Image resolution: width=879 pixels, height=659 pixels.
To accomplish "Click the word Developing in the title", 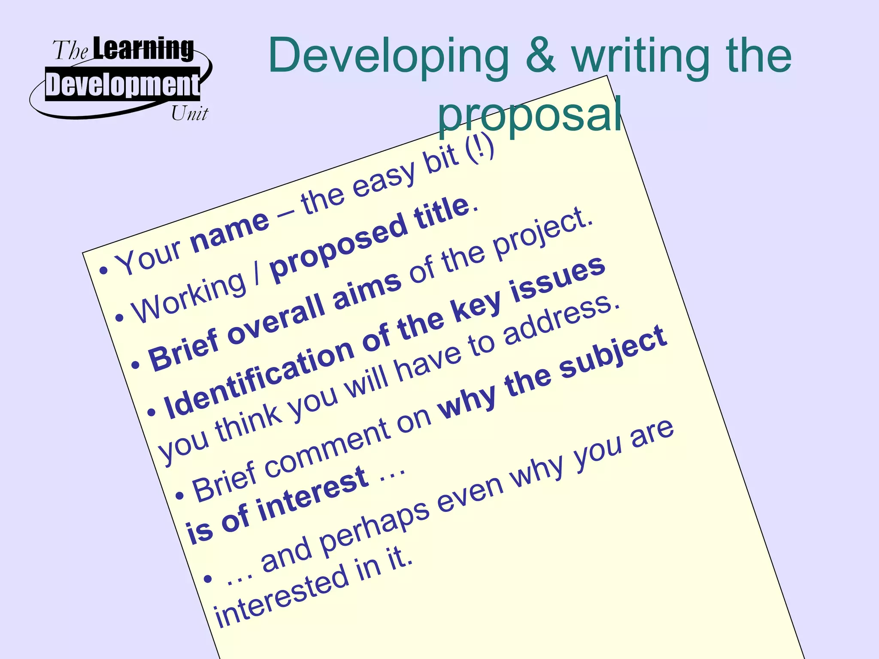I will coord(388,57).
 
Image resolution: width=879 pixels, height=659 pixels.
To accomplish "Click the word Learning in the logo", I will coord(143,48).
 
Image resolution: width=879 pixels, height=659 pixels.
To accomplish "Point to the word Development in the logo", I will coord(123,84).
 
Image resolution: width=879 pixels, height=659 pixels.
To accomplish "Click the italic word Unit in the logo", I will coord(189,114).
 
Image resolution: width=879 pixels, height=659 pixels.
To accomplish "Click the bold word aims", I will coord(367,288).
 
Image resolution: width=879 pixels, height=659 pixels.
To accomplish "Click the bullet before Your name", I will coord(103,271).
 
